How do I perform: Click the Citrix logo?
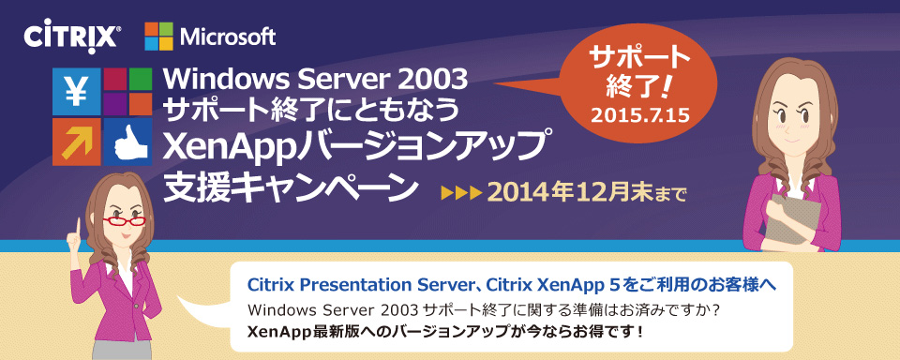72,38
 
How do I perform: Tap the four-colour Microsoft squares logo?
159,37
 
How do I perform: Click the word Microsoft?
228,37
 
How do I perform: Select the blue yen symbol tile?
76,92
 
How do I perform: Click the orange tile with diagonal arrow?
76,142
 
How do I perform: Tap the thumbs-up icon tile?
127,142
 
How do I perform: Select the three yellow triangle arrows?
460,192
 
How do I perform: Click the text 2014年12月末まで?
587,192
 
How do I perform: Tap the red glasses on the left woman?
124,221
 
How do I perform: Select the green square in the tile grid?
140,80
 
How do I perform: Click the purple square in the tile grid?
114,104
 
